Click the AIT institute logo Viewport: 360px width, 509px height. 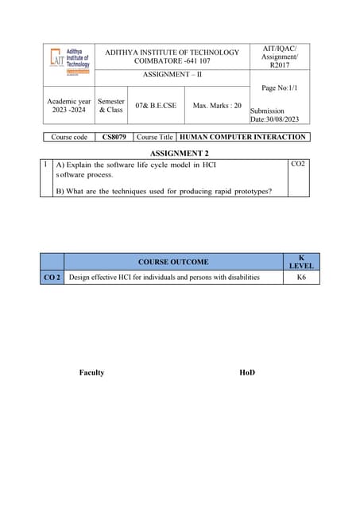tap(68, 61)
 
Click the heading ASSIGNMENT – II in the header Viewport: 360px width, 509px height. tap(171, 74)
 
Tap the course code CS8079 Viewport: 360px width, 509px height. tap(114, 137)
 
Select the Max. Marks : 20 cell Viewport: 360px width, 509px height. tap(217, 105)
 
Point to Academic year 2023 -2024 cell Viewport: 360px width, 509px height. tap(69, 105)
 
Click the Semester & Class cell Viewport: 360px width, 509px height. tap(110, 105)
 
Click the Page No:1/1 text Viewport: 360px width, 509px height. tap(278, 88)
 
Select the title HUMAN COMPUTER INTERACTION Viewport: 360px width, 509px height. tap(245, 137)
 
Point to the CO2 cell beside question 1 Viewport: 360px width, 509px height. tap(298, 164)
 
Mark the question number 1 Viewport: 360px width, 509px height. tap(46, 165)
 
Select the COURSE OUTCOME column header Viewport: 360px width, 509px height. tap(173, 261)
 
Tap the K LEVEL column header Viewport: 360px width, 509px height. tap(301, 262)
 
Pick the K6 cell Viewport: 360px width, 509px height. tap(301, 278)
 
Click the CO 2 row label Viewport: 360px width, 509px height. tap(52, 278)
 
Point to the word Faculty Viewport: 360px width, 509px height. tap(91, 372)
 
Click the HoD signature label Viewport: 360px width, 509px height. tap(247, 372)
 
